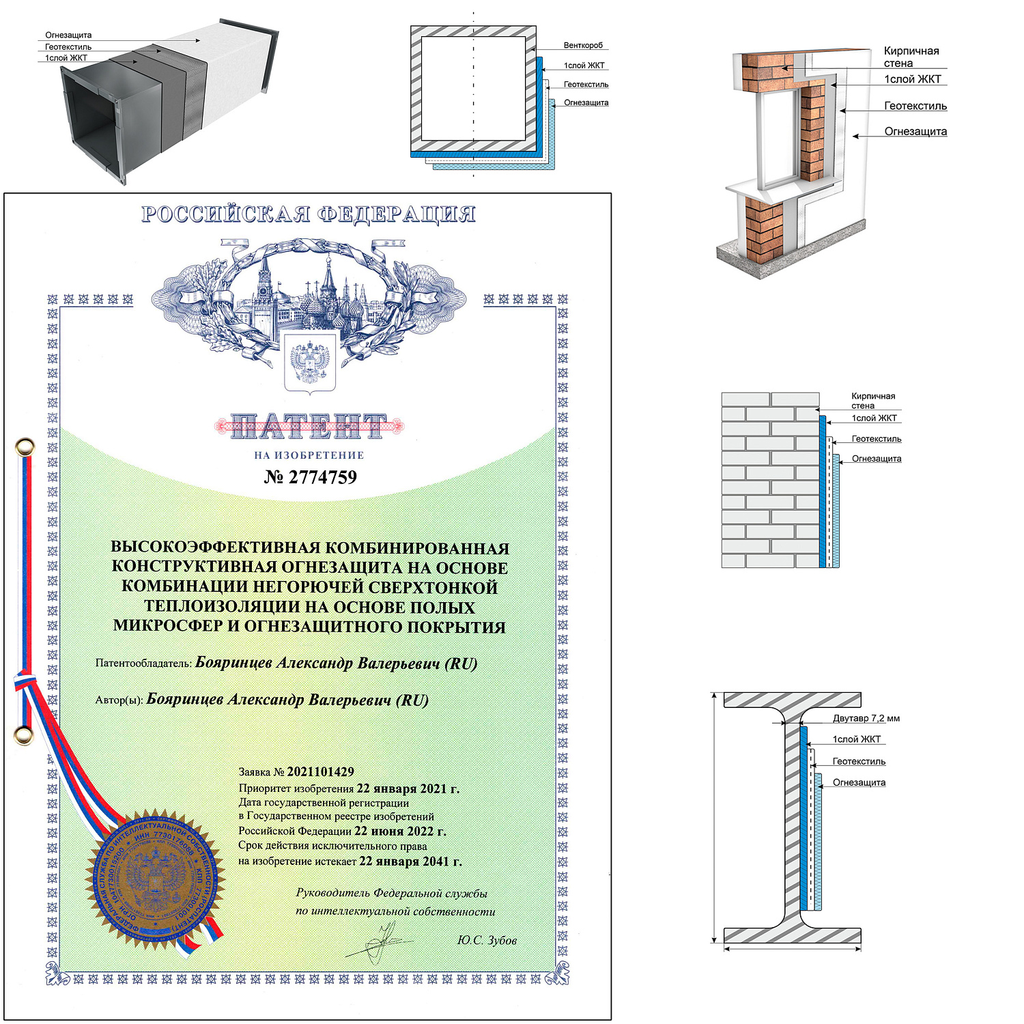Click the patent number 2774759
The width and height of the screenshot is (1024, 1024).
click(x=311, y=477)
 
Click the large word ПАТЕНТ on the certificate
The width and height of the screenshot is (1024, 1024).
click(x=309, y=427)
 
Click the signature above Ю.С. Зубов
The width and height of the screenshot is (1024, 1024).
click(x=379, y=942)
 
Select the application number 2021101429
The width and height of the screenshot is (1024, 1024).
click(x=320, y=772)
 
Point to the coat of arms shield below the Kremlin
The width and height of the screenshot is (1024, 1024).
click(x=310, y=362)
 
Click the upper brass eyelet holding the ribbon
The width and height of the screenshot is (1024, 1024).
click(x=24, y=448)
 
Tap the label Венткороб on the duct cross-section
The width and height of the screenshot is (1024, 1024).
click(x=583, y=46)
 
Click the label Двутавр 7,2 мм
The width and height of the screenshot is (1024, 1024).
click(x=866, y=718)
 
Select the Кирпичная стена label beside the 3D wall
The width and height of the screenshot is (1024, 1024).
click(x=911, y=57)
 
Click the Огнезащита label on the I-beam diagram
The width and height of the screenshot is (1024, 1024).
click(x=859, y=782)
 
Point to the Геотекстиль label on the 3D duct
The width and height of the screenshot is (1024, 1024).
click(x=68, y=47)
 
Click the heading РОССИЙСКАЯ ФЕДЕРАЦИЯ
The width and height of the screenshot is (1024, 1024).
click(x=309, y=214)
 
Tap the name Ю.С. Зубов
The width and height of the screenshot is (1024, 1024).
click(x=487, y=941)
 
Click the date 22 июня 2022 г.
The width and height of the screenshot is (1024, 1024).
click(x=400, y=831)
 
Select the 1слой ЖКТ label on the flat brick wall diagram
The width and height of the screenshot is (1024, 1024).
click(x=874, y=418)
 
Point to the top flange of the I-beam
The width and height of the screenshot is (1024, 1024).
click(x=792, y=700)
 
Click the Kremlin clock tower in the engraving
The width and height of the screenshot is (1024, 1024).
click(x=264, y=294)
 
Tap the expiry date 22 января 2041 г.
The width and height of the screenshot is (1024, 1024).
click(x=410, y=862)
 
